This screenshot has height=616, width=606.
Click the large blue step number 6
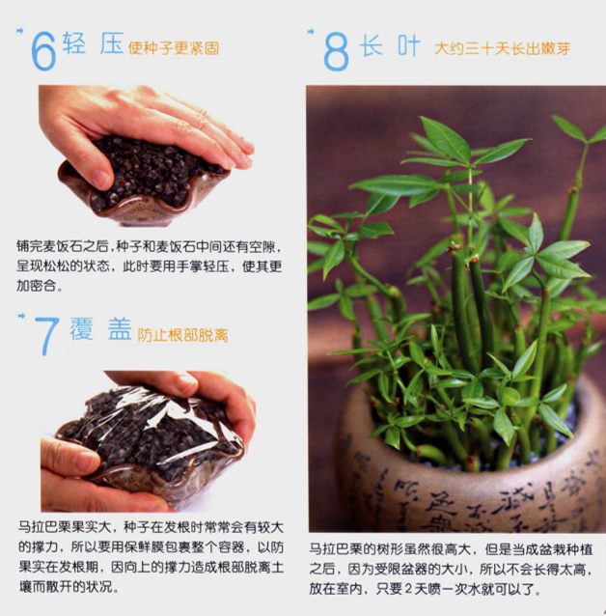[43, 51]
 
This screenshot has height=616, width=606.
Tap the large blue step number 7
[46, 336]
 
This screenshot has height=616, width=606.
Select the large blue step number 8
[336, 51]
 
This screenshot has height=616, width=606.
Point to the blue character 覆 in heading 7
[82, 328]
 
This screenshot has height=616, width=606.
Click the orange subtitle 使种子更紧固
[173, 48]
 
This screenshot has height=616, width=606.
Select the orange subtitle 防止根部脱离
[182, 335]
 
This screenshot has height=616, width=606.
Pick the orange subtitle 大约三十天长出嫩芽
[502, 48]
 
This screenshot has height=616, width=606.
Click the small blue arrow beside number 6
[19, 31]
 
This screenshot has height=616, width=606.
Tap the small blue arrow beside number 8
[311, 32]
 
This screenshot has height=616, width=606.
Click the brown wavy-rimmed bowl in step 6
[144, 196]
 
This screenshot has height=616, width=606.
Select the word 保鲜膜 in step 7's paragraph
[145, 547]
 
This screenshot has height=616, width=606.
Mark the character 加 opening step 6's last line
[23, 286]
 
